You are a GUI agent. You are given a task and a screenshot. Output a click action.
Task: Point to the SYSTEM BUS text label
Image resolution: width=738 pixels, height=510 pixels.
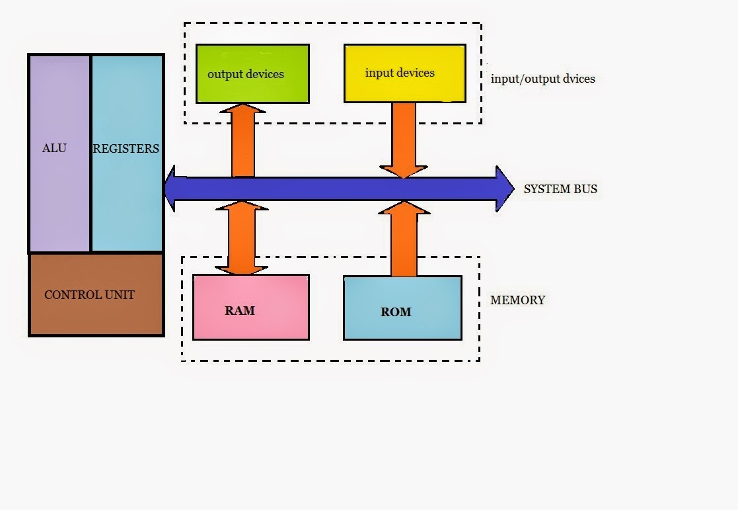click(x=560, y=189)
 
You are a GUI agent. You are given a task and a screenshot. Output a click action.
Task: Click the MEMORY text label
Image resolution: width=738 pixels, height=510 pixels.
click(x=517, y=300)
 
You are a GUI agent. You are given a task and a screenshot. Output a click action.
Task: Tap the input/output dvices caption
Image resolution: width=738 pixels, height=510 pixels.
click(x=542, y=79)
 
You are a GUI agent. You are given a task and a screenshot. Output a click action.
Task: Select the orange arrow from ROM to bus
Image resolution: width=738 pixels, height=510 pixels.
click(x=404, y=241)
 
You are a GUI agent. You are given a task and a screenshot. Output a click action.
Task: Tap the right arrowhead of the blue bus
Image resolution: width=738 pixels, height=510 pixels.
click(x=505, y=189)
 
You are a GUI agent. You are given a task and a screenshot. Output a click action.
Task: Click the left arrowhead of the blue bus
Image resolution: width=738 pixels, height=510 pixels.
click(x=170, y=189)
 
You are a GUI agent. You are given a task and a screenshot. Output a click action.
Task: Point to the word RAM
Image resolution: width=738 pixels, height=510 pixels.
click(x=239, y=310)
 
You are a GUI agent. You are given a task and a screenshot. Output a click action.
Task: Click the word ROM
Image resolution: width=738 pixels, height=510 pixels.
click(x=396, y=312)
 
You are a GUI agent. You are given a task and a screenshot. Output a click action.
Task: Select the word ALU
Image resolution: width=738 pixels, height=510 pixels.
click(x=54, y=148)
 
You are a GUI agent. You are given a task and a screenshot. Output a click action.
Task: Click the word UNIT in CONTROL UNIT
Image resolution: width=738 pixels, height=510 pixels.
click(x=120, y=295)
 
